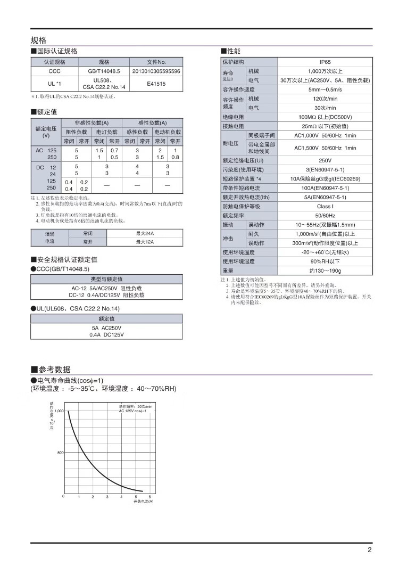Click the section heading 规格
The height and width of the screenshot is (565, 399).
point(39,40)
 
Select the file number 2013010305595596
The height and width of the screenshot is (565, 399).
point(156,71)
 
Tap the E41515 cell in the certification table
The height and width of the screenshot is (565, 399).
point(156,84)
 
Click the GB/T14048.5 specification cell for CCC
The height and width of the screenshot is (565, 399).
point(104,71)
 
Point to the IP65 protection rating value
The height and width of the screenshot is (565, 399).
point(325,62)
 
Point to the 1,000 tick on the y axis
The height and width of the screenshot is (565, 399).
point(59,411)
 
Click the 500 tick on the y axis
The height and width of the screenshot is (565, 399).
point(60,453)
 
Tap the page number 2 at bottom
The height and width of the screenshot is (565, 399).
point(369,551)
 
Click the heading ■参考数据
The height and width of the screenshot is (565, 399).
point(51,370)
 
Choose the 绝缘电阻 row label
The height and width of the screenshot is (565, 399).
point(233,117)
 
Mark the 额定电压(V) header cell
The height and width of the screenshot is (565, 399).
point(46,132)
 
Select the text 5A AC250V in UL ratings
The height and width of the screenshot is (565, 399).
point(106,328)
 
